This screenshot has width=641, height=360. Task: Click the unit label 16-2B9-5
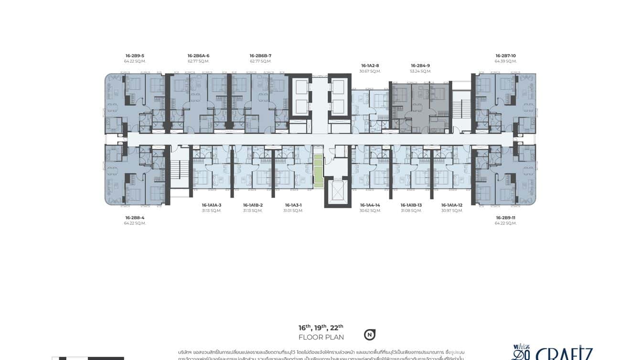pyautogui.click(x=135, y=56)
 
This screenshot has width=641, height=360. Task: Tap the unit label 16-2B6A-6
pyautogui.click(x=198, y=56)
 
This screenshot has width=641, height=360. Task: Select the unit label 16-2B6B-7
pyautogui.click(x=260, y=56)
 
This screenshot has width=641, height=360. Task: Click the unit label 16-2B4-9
pyautogui.click(x=420, y=65)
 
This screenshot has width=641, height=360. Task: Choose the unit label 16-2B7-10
pyautogui.click(x=505, y=56)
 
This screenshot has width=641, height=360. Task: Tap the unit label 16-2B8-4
pyautogui.click(x=135, y=218)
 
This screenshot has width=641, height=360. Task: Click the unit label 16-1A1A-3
pyautogui.click(x=212, y=205)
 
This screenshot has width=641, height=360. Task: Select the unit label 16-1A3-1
pyautogui.click(x=293, y=205)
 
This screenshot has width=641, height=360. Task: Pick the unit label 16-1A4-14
pyautogui.click(x=370, y=205)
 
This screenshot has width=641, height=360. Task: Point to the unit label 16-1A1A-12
pyautogui.click(x=452, y=205)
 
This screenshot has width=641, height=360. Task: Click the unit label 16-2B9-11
pyautogui.click(x=505, y=218)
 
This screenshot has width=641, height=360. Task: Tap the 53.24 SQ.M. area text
pyautogui.click(x=420, y=71)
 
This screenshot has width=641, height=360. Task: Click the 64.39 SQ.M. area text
pyautogui.click(x=505, y=61)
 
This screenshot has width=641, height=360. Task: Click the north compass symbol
pyautogui.click(x=369, y=335)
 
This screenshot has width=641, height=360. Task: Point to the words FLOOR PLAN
pyautogui.click(x=321, y=337)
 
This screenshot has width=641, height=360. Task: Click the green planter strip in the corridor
pyautogui.click(x=318, y=171)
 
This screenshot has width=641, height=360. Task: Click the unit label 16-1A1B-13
pyautogui.click(x=411, y=205)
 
